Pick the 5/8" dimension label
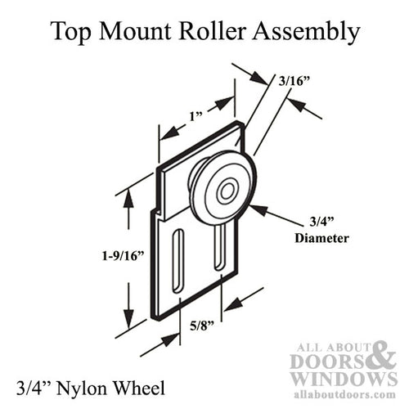point(200,325)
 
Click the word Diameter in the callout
point(321,239)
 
